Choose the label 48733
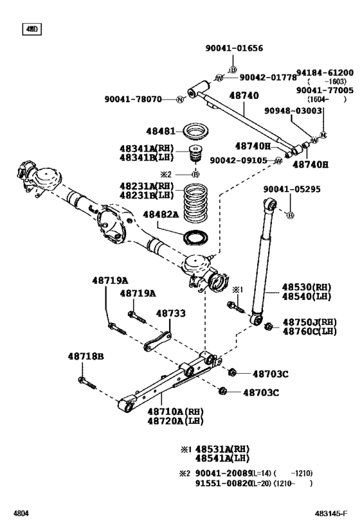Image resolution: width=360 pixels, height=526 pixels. pos(171,313)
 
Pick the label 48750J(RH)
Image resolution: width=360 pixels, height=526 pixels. pos(309,322)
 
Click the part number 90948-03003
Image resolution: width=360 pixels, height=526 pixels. pos(293,110)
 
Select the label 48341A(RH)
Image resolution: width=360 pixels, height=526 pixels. pos(147,148)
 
